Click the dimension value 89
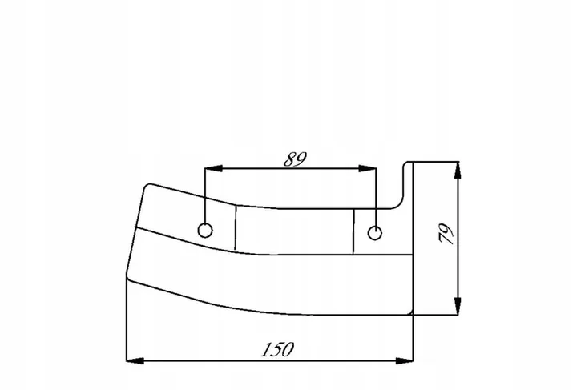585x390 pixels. click(295, 159)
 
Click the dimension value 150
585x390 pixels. click(277, 349)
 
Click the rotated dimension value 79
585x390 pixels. click(446, 234)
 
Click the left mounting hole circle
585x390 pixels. click(205, 231)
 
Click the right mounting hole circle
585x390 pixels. click(374, 233)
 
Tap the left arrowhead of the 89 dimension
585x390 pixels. click(213, 168)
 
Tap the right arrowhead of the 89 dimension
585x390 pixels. click(368, 168)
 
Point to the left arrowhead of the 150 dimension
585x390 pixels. click(135, 360)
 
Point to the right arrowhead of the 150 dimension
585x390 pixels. click(405, 360)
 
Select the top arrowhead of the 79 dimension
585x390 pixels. click(458, 171)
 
